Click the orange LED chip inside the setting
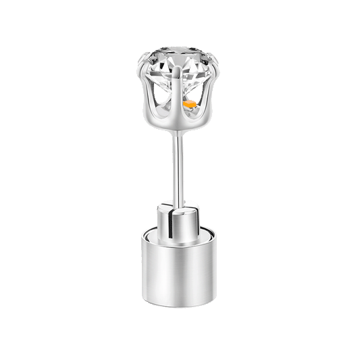point(191,106)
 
